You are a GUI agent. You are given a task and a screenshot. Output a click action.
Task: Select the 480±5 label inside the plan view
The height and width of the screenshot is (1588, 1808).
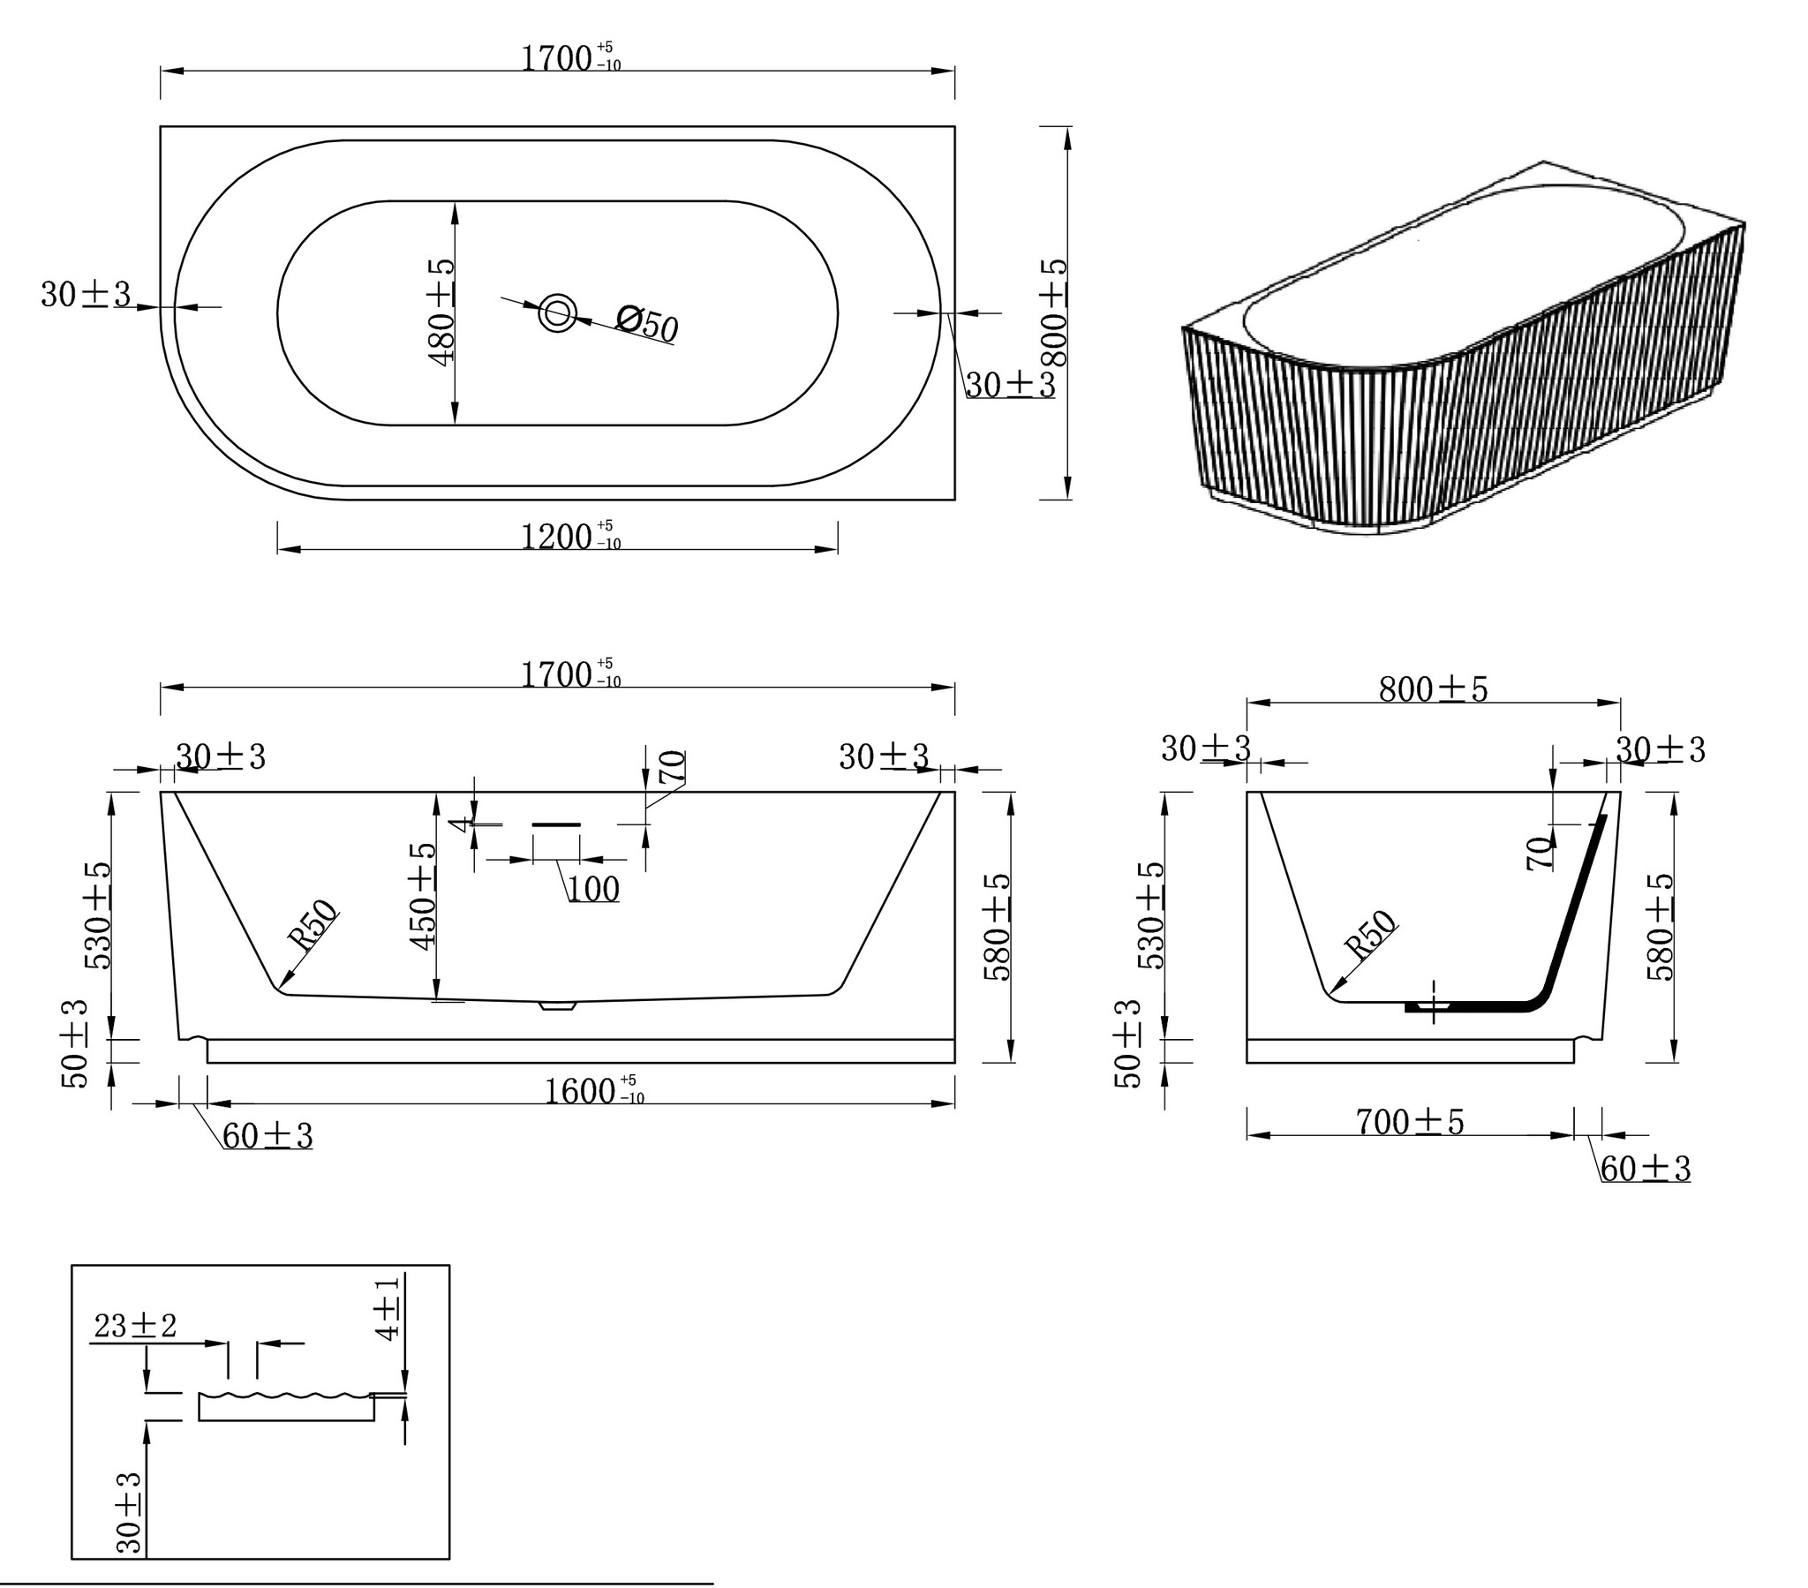pos(441,311)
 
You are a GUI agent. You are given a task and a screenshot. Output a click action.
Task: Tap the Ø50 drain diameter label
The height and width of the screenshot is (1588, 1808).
pos(647,323)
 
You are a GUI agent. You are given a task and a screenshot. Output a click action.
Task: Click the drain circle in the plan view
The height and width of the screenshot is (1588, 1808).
pos(558,312)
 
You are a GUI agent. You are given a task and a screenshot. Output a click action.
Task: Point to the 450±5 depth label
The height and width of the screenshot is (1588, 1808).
pos(423,896)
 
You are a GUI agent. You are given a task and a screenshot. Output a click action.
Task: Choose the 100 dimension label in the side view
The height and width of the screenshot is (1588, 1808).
pos(593,889)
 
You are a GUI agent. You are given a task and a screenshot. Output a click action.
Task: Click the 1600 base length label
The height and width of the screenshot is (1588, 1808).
pos(593,1091)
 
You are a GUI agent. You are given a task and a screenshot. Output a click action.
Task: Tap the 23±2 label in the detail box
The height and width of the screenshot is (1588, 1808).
pos(135,1325)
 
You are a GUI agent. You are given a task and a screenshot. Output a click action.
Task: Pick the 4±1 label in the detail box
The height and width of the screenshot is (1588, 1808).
pos(388,1307)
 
